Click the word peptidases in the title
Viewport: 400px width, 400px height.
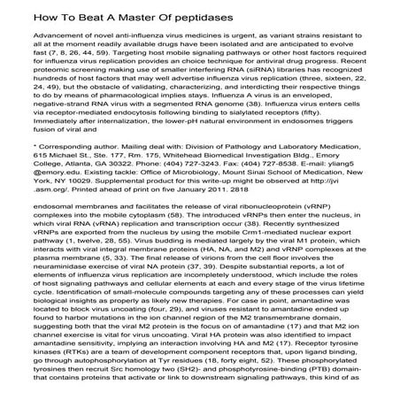[x=187, y=17]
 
